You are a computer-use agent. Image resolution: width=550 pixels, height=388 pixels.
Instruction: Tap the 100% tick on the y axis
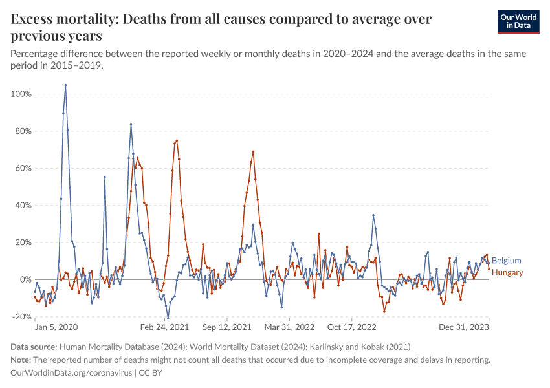(21, 94)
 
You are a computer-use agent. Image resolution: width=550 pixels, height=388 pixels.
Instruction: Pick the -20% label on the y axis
(22, 317)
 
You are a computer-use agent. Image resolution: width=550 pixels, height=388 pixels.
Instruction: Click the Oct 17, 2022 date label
(351, 327)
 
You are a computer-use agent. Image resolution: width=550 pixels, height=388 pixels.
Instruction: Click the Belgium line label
(507, 261)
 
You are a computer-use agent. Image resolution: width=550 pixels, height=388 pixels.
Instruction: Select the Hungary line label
(507, 272)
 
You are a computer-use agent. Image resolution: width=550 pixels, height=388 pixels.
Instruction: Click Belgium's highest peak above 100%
(65, 85)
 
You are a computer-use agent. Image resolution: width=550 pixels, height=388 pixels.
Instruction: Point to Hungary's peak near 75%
(177, 141)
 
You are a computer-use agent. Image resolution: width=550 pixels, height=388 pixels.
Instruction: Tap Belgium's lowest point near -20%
(168, 318)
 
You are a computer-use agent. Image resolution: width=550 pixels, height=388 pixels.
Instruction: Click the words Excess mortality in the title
(64, 19)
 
